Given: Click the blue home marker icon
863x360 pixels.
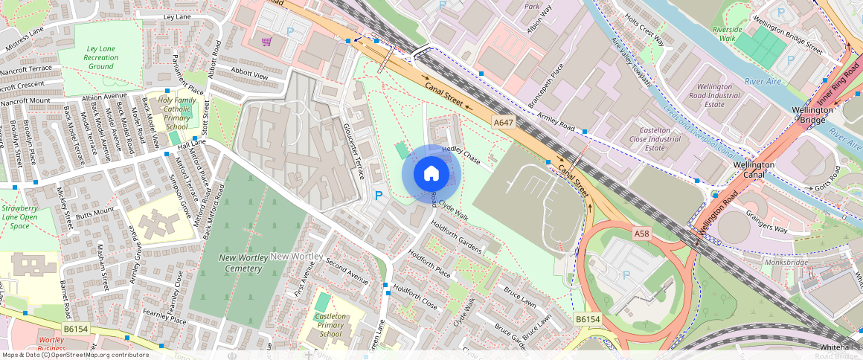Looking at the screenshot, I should pos(431,174).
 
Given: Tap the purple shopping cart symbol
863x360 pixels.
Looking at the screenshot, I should pos(266,42).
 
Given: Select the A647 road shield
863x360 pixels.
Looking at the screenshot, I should pos(504,120).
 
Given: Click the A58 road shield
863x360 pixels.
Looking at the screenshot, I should pos(642,234).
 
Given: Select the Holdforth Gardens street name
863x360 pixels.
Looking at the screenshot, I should pos(456,236).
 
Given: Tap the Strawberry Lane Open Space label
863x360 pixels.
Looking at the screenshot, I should pos(20,216).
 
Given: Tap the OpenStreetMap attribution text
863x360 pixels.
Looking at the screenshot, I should pos(74,355).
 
